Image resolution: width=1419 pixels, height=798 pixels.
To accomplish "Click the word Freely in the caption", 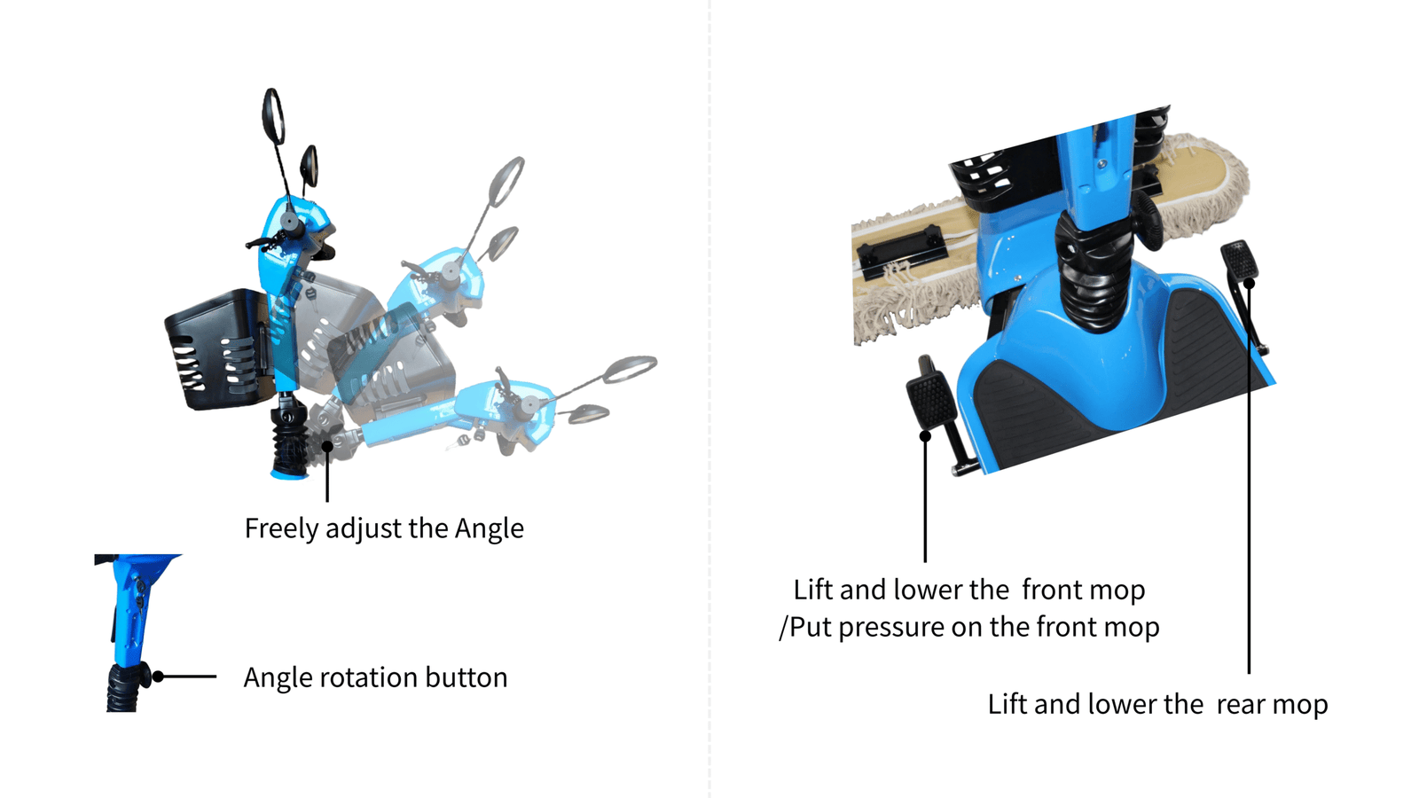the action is tap(281, 528).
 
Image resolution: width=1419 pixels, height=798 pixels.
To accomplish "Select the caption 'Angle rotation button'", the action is tap(376, 677).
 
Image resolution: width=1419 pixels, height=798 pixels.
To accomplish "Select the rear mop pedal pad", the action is tap(1239, 260).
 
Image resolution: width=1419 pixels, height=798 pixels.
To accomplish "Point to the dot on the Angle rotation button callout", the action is tap(158, 677).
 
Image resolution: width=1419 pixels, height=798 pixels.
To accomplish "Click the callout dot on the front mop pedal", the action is tap(925, 435).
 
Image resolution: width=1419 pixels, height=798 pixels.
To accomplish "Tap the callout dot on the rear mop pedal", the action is tap(1249, 283).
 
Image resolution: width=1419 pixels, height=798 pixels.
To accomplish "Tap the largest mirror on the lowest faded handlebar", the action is tap(630, 369).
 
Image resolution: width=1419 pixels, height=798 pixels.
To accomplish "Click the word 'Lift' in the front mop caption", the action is tap(812, 590).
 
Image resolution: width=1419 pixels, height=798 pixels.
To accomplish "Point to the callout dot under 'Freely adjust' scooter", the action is tap(327, 446).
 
